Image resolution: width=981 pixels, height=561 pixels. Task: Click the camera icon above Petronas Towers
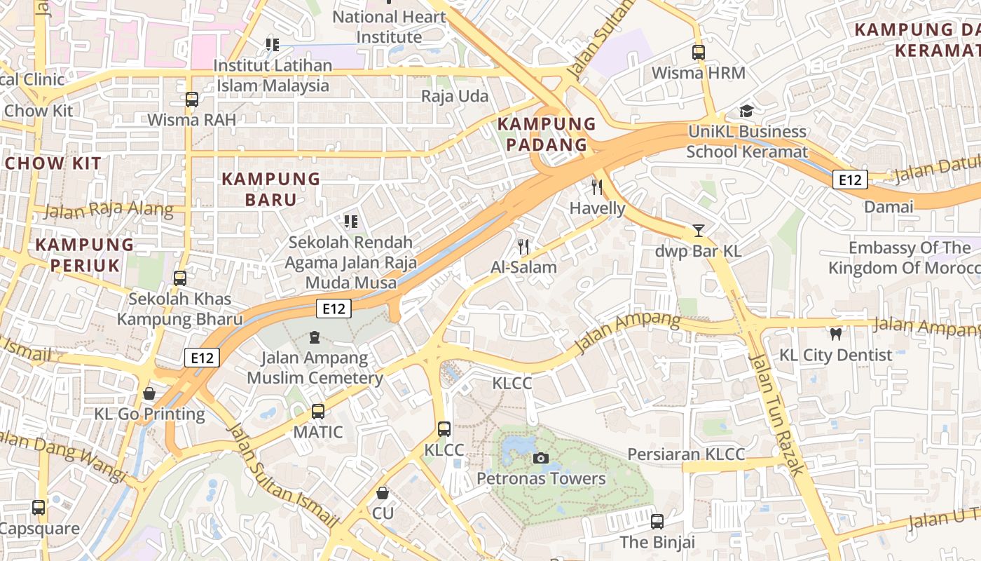tap(540, 458)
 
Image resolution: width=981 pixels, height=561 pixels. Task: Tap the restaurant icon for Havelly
tap(597, 187)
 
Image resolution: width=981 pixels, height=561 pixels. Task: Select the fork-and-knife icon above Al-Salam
tap(523, 246)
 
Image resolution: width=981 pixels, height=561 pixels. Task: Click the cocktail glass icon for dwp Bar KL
tap(698, 230)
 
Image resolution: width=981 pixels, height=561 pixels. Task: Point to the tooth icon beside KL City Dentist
tap(835, 334)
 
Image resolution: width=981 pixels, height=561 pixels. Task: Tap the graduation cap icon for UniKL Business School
tap(746, 111)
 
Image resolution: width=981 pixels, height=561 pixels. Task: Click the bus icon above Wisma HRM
tap(698, 52)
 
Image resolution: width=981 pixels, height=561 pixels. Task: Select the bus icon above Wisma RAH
tap(192, 99)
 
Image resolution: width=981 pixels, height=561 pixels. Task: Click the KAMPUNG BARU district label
tap(270, 189)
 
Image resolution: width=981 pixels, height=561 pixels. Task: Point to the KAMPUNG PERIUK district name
tap(84, 255)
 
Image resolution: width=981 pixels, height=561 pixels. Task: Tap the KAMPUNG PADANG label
tap(542, 135)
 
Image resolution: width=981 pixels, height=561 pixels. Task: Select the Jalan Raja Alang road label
tap(109, 210)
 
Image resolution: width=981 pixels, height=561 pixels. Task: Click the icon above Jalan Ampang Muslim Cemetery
tap(315, 337)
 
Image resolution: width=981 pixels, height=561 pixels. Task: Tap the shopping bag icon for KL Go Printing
tap(149, 393)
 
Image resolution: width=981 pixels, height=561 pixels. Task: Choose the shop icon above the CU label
tap(383, 493)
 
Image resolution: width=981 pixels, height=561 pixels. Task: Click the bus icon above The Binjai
tap(657, 521)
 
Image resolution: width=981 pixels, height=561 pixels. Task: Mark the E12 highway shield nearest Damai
tap(850, 180)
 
